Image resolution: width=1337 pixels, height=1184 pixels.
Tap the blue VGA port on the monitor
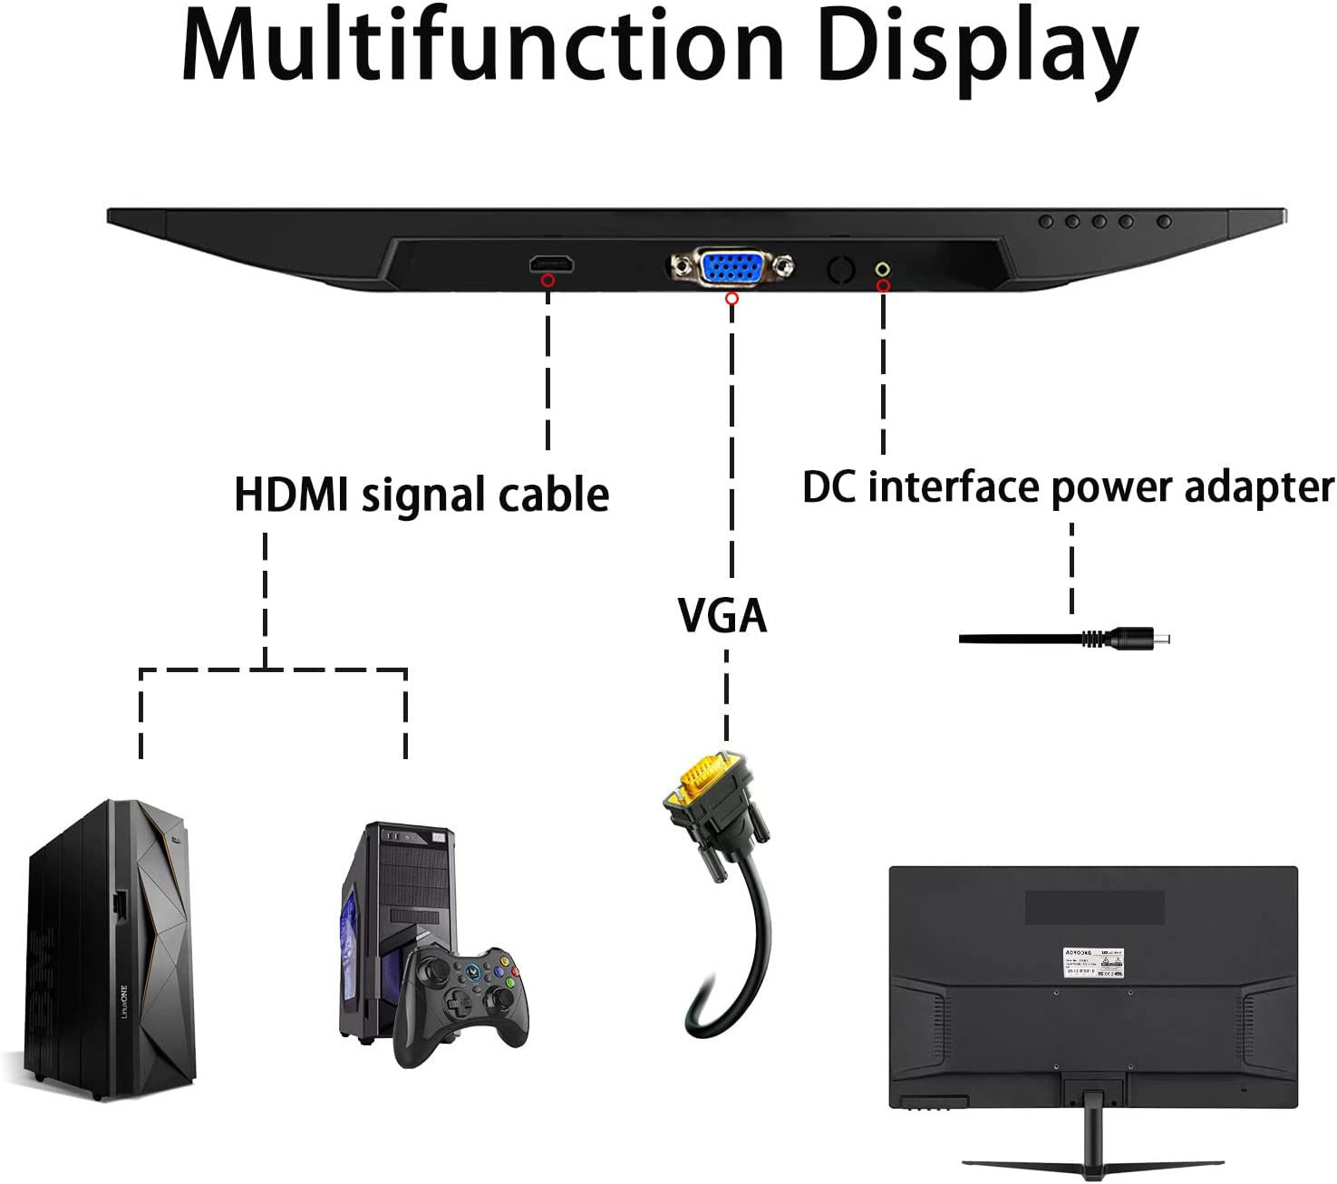731,268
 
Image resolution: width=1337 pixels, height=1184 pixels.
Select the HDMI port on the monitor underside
552,264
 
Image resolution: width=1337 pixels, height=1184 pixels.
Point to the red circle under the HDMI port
547,281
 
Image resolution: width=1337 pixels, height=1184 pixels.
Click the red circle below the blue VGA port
732,298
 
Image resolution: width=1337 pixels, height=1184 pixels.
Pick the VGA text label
722,616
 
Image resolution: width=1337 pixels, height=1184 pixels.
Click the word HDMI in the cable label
292,495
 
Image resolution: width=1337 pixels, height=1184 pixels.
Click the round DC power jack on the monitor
882,269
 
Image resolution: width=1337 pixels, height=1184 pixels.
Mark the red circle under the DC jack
883,286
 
